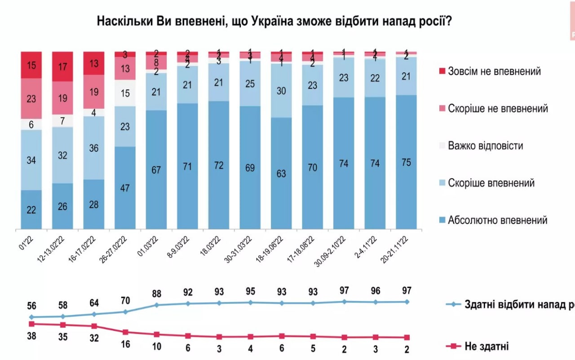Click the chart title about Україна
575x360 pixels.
pos(274,21)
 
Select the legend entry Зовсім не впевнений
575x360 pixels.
pos(494,71)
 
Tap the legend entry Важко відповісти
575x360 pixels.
pos(485,146)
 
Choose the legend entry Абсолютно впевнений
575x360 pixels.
pos(497,220)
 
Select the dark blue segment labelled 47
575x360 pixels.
pos(125,188)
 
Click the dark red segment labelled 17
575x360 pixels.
pos(63,66)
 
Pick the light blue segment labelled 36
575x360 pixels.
pos(94,148)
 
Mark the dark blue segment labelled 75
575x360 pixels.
pos(406,162)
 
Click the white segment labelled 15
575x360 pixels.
pos(125,93)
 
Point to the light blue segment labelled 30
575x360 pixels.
pos(281,90)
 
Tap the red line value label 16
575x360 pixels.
pos(125,344)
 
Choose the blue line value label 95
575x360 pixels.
pos(250,292)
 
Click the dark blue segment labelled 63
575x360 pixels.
pos(281,173)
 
